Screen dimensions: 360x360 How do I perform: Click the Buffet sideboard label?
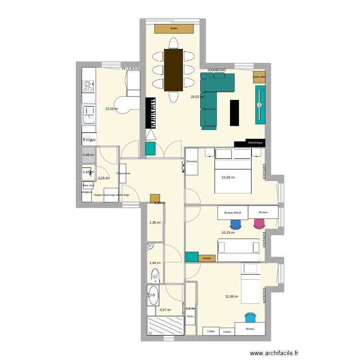tap(174, 29)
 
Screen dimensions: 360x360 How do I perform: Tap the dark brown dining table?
tap(173, 70)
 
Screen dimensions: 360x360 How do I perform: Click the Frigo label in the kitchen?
tap(89, 140)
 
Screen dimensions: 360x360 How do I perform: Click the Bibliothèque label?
tap(255, 143)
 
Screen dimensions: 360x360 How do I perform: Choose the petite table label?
tap(259, 77)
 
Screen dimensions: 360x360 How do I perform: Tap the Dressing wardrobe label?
tap(192, 161)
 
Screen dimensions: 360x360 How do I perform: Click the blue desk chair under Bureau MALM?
tap(236, 224)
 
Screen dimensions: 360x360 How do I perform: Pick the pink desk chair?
tap(259, 223)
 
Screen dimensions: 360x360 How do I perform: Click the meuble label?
tap(207, 258)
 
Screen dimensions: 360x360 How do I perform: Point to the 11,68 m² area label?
tap(232, 296)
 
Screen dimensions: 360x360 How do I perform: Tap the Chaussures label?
tap(123, 173)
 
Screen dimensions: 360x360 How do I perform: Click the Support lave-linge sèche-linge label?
tap(111, 195)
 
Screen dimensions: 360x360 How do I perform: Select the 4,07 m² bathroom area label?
tap(166, 310)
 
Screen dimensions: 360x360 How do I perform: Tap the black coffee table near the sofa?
tap(234, 112)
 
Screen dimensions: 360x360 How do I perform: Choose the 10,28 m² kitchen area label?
tap(111, 108)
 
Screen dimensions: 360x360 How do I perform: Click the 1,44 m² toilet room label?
tap(155, 263)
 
